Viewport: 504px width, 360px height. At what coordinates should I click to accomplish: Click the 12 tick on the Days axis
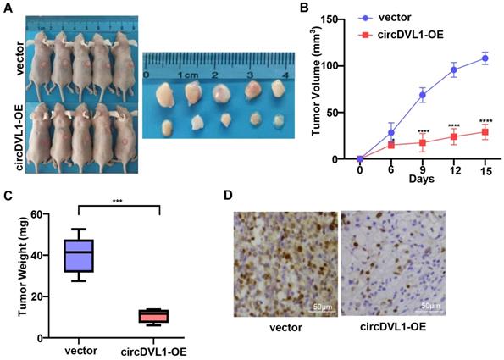click(x=454, y=169)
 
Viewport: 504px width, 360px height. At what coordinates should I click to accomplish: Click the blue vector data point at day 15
click(x=485, y=58)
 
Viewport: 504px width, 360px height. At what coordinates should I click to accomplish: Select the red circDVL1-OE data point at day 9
click(x=423, y=143)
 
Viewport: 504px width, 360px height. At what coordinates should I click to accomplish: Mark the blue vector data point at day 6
click(x=391, y=132)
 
